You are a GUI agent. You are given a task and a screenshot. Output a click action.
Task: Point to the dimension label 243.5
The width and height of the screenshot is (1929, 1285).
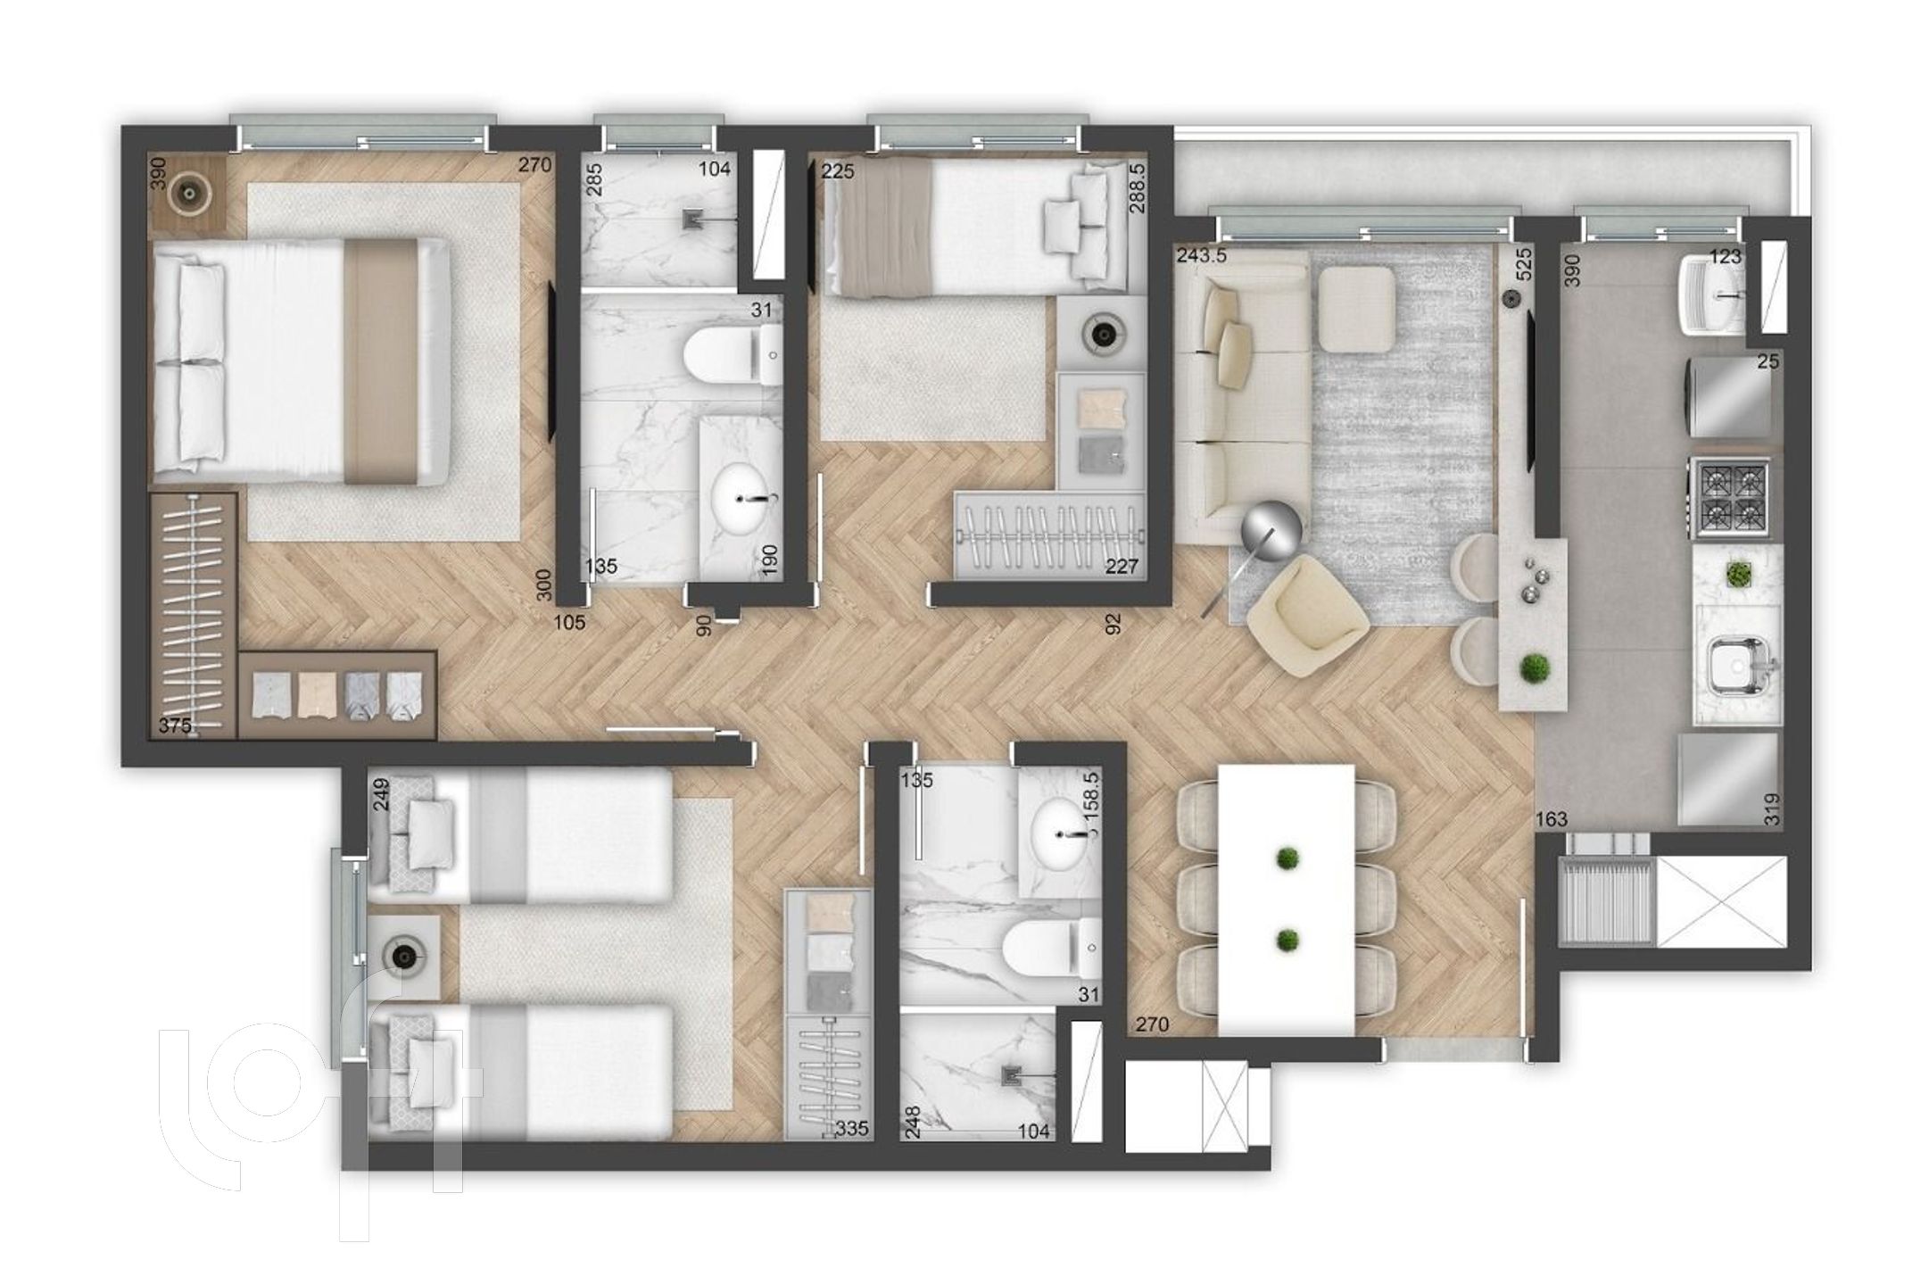point(1202,256)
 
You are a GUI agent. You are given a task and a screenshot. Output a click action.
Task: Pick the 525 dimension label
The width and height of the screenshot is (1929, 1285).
point(1523,265)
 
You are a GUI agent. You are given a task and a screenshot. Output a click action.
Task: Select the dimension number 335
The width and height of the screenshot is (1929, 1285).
point(853,1130)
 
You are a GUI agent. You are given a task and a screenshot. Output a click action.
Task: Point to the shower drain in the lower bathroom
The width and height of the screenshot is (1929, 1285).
point(1011,1077)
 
